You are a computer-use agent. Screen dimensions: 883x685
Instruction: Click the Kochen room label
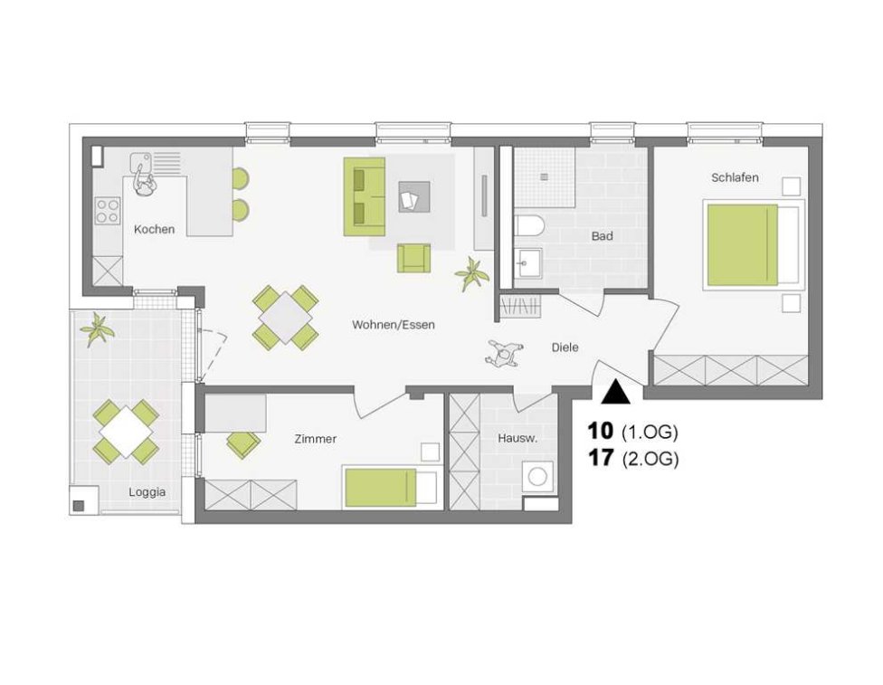coord(154,229)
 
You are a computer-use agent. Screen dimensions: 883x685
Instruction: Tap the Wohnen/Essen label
coord(393,325)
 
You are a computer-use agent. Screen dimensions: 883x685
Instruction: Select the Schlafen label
coord(735,177)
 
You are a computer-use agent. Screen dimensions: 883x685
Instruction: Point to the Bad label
coord(602,236)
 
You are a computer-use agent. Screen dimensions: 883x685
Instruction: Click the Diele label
coord(565,347)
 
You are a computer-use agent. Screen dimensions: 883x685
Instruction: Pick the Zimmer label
coord(316,439)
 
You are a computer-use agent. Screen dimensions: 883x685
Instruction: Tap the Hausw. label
coord(517,438)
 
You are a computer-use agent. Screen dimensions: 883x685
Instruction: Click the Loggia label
coord(147,491)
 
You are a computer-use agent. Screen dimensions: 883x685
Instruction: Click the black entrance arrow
coord(615,392)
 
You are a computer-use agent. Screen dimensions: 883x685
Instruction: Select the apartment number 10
coord(600,432)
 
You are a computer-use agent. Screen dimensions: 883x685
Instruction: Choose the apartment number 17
coord(600,458)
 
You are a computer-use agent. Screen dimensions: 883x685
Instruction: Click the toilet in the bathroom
coord(528,226)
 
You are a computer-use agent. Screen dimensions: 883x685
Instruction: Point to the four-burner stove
coord(108,211)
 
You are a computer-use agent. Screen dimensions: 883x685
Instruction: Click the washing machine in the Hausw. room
coord(537,477)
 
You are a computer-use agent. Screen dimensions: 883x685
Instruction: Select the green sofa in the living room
coord(365,196)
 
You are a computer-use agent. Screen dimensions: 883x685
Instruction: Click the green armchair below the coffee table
coord(414,258)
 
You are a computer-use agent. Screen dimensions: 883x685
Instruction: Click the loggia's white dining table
coord(126,433)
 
